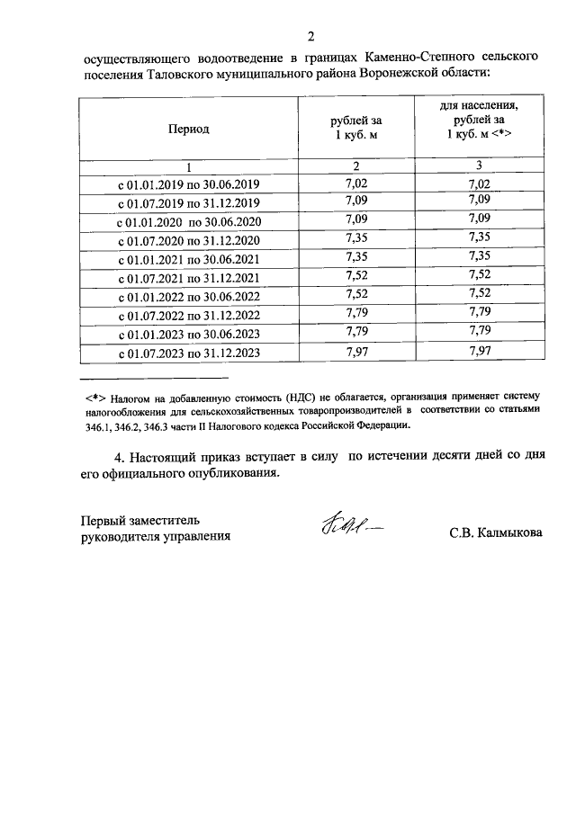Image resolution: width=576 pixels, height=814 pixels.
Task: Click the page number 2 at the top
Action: tap(310, 37)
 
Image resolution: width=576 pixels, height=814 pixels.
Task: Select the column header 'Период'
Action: tap(189, 129)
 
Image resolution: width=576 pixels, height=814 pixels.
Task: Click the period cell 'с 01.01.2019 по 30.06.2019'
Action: tap(189, 184)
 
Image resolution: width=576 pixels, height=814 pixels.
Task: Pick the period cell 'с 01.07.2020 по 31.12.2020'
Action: tap(189, 239)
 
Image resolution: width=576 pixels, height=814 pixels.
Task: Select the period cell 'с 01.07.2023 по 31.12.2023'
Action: tap(189, 353)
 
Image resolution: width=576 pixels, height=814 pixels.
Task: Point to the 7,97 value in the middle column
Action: tap(356, 353)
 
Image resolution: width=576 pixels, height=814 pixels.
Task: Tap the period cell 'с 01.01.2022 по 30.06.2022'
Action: tap(189, 297)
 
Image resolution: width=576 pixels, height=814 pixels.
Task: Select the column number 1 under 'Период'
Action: tap(189, 166)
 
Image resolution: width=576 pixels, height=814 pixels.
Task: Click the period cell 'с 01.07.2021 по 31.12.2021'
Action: tap(189, 278)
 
